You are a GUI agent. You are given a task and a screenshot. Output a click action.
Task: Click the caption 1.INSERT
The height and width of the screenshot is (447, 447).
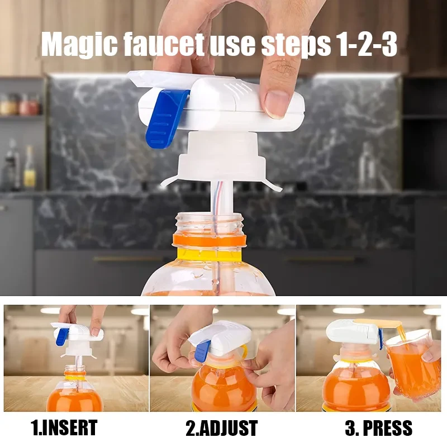pyautogui.click(x=65, y=428)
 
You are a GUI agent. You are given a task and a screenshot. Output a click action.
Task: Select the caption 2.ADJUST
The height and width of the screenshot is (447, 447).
pyautogui.click(x=222, y=428)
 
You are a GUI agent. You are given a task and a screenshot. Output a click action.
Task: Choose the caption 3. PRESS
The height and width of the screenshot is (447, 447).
pyautogui.click(x=378, y=428)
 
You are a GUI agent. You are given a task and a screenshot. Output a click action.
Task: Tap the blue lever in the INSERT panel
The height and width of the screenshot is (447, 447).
pyautogui.click(x=61, y=336)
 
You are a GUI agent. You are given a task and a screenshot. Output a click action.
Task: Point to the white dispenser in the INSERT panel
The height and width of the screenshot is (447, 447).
pyautogui.click(x=78, y=334)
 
